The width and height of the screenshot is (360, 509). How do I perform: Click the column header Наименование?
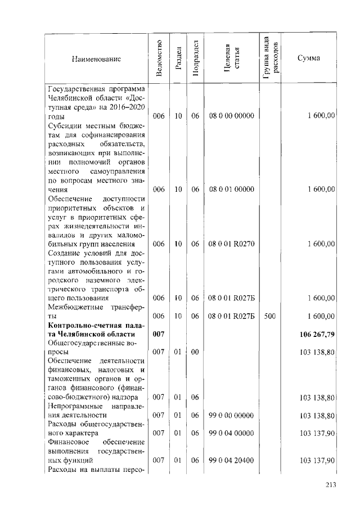pos(96,58)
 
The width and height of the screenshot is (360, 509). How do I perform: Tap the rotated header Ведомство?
pos(159,58)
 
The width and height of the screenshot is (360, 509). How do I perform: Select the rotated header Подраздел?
pos(195,58)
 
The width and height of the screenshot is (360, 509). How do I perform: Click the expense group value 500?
pos(269,316)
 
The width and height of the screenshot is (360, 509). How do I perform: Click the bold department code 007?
pos(159,335)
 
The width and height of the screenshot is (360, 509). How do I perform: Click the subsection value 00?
pos(195,353)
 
